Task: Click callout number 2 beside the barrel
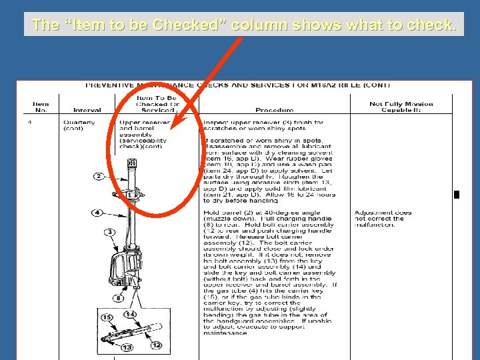(x=98, y=176)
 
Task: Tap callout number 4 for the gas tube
(x=97, y=213)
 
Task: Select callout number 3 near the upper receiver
(x=109, y=231)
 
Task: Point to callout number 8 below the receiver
(x=118, y=297)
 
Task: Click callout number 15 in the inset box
(x=107, y=317)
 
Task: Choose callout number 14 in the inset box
(x=131, y=314)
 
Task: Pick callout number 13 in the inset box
(x=127, y=347)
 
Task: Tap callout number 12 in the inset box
(x=156, y=345)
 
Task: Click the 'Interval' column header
(x=87, y=110)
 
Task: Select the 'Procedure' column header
(x=274, y=110)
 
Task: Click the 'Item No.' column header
(x=41, y=107)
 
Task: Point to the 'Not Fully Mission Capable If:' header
(x=401, y=107)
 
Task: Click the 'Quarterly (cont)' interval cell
(x=79, y=125)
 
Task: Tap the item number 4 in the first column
(x=30, y=123)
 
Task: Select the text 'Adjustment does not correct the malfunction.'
(x=383, y=219)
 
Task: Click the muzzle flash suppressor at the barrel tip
(x=131, y=163)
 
